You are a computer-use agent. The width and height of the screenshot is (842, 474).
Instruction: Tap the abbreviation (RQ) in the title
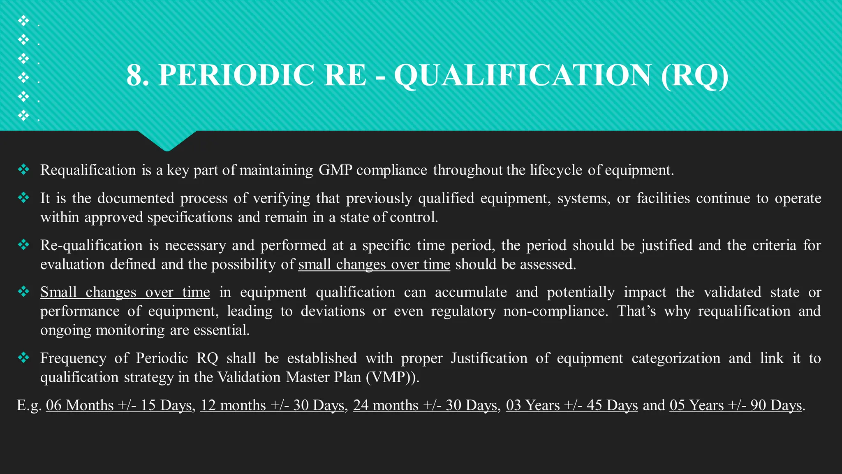tap(694, 75)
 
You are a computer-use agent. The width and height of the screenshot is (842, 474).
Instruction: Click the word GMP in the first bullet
tap(335, 170)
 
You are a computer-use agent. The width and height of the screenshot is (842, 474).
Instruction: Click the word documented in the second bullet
tap(136, 198)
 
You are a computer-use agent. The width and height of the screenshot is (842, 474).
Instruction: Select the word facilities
tap(663, 198)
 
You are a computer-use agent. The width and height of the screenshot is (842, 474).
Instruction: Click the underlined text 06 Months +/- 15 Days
tap(119, 405)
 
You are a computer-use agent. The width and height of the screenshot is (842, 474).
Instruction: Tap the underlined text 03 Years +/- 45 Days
tap(571, 405)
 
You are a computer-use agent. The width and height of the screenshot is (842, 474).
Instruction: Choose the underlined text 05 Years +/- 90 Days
tap(736, 405)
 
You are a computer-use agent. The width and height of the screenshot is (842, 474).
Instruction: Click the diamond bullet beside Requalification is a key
tap(23, 169)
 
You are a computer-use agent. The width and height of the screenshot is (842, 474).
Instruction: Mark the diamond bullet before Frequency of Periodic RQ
tap(23, 358)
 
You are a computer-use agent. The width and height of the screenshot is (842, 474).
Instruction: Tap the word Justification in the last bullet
tap(489, 358)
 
